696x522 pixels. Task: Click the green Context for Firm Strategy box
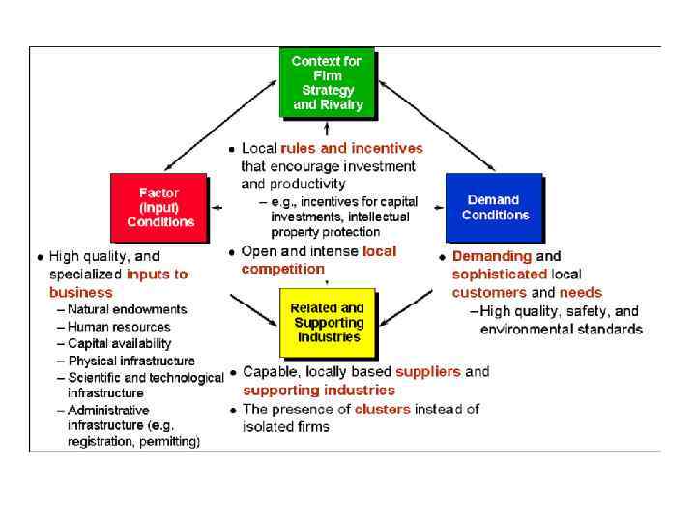pyautogui.click(x=328, y=82)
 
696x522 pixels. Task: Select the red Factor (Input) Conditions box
pyautogui.click(x=159, y=207)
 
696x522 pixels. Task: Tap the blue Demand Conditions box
pyautogui.click(x=493, y=207)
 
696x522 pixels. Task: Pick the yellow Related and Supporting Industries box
pyautogui.click(x=328, y=323)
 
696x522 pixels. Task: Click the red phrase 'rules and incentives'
pyautogui.click(x=352, y=149)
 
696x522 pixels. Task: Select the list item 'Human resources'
pyautogui.click(x=119, y=327)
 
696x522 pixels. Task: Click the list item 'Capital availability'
pyautogui.click(x=119, y=343)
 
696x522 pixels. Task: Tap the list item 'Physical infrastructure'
pyautogui.click(x=130, y=361)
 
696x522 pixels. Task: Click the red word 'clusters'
pyautogui.click(x=382, y=409)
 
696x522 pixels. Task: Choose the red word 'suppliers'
pyautogui.click(x=428, y=371)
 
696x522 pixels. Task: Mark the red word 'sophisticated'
pyautogui.click(x=499, y=275)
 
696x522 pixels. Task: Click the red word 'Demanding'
pyautogui.click(x=492, y=256)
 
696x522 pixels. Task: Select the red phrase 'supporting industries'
pyautogui.click(x=319, y=390)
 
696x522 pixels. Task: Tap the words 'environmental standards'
pyautogui.click(x=561, y=329)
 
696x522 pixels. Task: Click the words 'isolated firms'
pyautogui.click(x=286, y=426)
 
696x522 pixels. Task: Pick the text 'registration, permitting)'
pyautogui.click(x=133, y=442)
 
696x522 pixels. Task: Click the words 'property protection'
pyautogui.click(x=326, y=232)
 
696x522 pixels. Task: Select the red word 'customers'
pyautogui.click(x=489, y=292)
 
